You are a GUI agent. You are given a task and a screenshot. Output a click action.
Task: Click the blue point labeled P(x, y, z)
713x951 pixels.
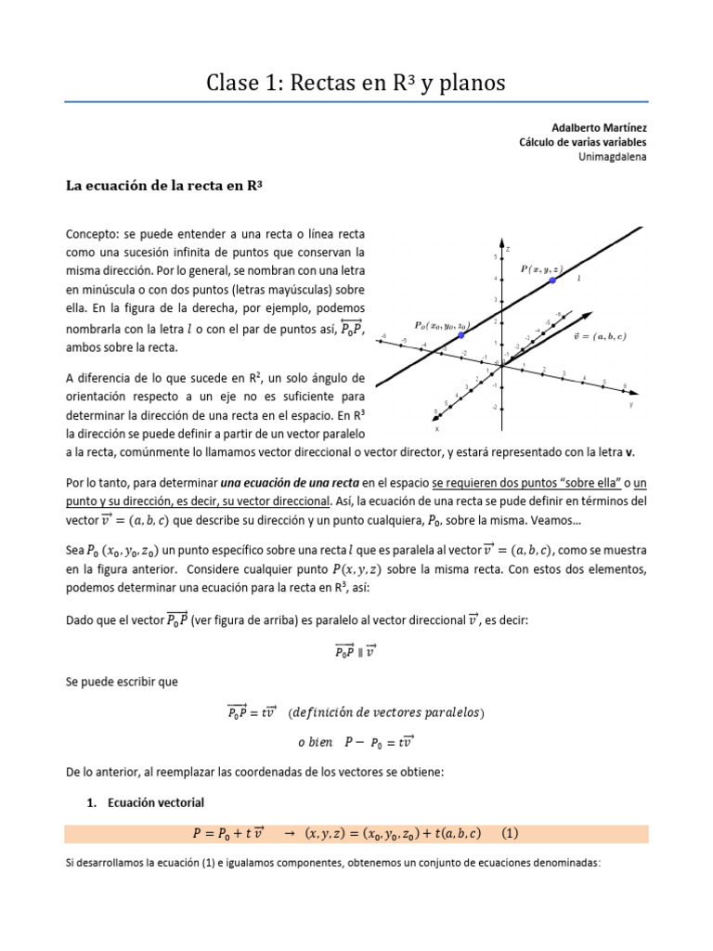[x=552, y=280]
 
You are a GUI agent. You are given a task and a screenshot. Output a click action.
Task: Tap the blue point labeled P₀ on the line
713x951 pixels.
[x=461, y=335]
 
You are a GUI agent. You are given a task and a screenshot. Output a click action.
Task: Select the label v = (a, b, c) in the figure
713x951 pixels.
[x=601, y=335]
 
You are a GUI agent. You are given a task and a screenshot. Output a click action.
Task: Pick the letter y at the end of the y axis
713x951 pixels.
[x=631, y=405]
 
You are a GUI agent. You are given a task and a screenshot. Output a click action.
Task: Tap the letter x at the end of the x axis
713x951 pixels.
[x=436, y=430]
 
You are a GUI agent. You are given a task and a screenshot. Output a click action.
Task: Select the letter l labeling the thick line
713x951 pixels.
[x=578, y=277]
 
